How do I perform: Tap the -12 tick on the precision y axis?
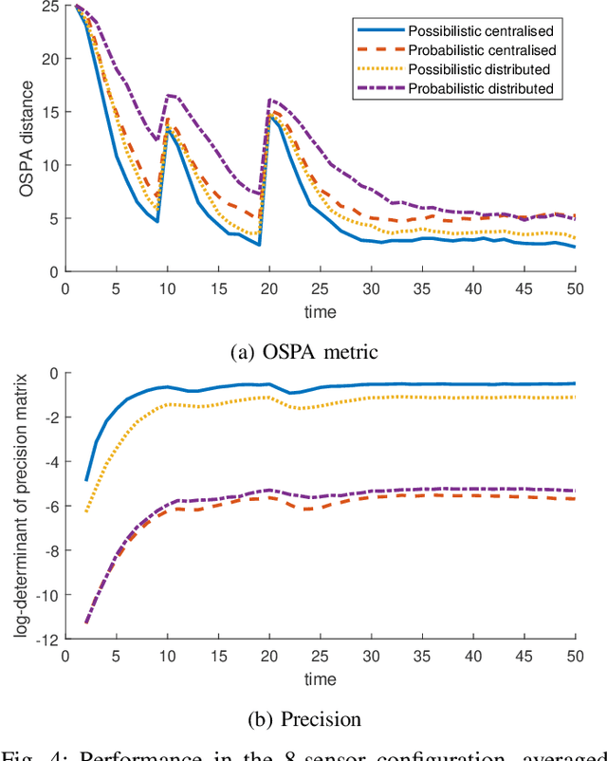pyautogui.click(x=46, y=640)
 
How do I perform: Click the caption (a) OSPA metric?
pyautogui.click(x=303, y=352)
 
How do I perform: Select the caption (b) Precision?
pyautogui.click(x=303, y=718)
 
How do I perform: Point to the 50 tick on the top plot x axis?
pyautogui.click(x=575, y=288)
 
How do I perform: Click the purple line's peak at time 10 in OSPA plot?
pyautogui.click(x=168, y=95)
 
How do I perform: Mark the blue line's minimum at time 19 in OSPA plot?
pyautogui.click(x=259, y=245)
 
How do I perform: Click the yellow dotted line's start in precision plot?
pyautogui.click(x=86, y=512)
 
